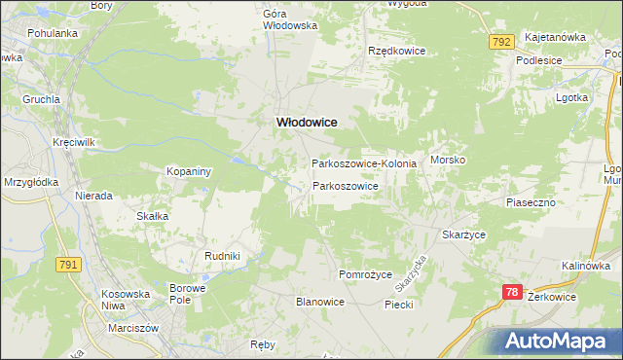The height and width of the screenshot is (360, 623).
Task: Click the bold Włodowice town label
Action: [308, 122]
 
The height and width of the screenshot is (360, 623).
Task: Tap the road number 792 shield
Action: [501, 43]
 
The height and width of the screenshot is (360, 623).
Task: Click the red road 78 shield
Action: [514, 292]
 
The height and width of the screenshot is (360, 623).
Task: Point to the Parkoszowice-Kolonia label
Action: [364, 163]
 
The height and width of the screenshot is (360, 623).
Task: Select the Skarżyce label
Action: [463, 235]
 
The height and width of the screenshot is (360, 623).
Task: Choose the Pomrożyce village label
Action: [364, 274]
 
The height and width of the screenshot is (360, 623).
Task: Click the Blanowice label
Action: [320, 302]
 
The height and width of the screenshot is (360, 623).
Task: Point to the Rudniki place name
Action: [222, 255]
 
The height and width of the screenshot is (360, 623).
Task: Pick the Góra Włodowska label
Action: [290, 19]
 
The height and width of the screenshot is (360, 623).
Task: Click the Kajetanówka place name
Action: [555, 37]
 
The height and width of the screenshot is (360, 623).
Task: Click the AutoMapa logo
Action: [558, 341]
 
